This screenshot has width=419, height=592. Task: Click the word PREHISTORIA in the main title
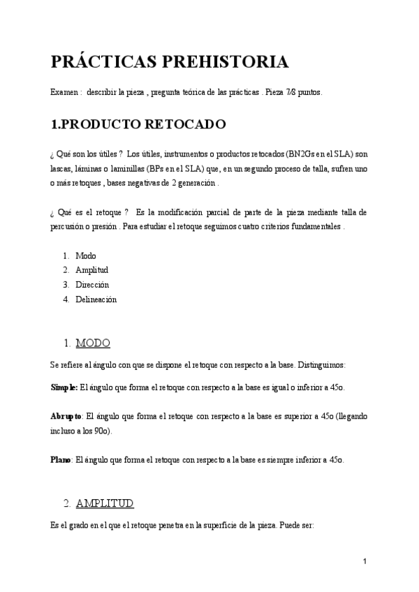(x=226, y=61)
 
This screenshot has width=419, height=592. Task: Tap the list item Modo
(x=86, y=256)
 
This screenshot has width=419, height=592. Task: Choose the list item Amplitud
(x=91, y=270)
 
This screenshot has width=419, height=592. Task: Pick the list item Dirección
(x=92, y=285)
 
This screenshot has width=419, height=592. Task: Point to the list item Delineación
(x=96, y=299)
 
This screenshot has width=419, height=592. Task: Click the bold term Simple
(x=64, y=387)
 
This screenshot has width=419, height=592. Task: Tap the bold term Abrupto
(x=66, y=416)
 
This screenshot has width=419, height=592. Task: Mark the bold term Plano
(x=60, y=460)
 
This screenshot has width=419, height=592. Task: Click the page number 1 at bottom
(x=365, y=561)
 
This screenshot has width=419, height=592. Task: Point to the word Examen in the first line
(x=65, y=92)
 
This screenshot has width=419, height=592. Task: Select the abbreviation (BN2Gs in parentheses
(x=292, y=154)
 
